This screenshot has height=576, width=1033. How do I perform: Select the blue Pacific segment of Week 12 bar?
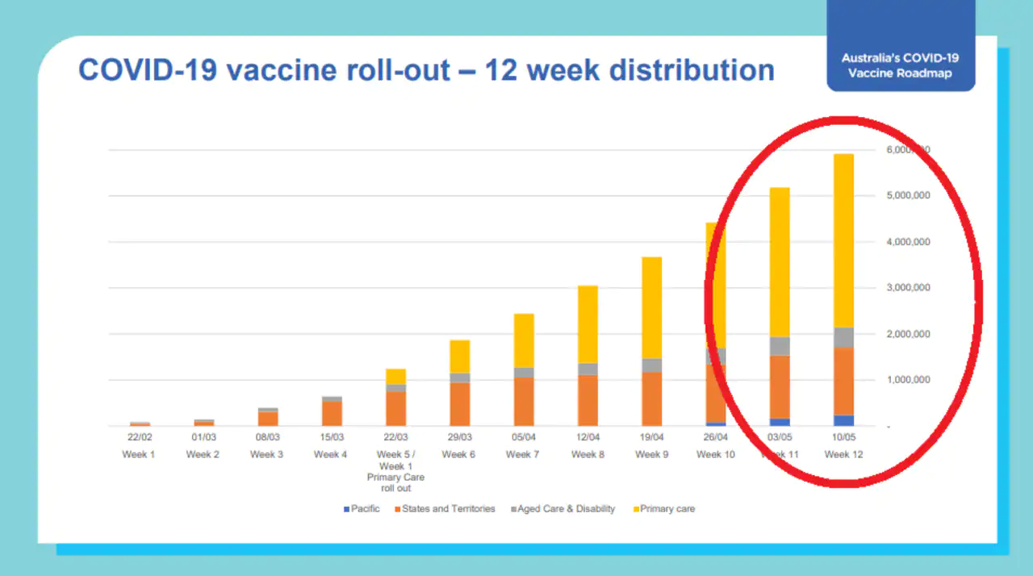(x=843, y=420)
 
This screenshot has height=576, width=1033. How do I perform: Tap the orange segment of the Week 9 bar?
(x=651, y=399)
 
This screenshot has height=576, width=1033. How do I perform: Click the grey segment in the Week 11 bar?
(x=780, y=346)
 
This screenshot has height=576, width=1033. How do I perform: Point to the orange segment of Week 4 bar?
(x=332, y=413)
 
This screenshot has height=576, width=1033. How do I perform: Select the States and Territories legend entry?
(x=445, y=509)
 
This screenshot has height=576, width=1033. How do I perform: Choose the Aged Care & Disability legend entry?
(x=563, y=509)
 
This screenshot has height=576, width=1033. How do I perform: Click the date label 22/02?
(x=140, y=437)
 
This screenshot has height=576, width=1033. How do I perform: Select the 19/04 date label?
(x=651, y=437)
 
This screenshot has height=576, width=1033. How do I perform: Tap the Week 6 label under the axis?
(x=458, y=455)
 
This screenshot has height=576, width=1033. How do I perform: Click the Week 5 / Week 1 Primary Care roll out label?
(x=395, y=471)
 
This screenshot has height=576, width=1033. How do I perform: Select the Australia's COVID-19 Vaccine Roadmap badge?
(x=901, y=65)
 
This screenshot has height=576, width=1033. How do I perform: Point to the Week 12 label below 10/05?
(x=843, y=455)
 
